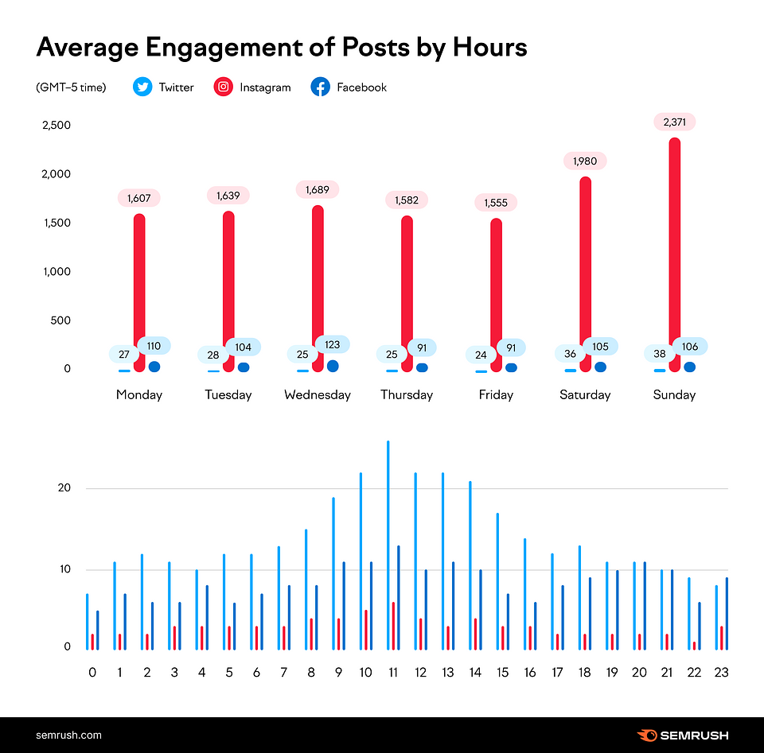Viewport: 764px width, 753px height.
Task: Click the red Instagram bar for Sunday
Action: [674, 254]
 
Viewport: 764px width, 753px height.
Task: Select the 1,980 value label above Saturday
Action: [586, 161]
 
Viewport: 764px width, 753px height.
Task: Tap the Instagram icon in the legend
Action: [224, 87]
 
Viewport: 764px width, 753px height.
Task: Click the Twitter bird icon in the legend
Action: [142, 87]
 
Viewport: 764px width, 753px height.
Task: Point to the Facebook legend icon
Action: [321, 87]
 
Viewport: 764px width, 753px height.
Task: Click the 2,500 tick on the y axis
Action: [57, 126]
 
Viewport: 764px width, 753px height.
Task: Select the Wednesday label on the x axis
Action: [318, 394]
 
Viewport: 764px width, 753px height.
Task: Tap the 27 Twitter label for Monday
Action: [124, 355]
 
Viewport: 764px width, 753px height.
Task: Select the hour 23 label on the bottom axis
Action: [720, 673]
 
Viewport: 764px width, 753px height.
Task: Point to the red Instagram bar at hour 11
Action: [393, 626]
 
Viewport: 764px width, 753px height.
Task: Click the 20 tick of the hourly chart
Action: [68, 488]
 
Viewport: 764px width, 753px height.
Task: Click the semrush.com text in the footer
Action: [68, 735]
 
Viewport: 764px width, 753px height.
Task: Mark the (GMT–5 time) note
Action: [71, 87]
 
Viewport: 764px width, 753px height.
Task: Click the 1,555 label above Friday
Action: [496, 203]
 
